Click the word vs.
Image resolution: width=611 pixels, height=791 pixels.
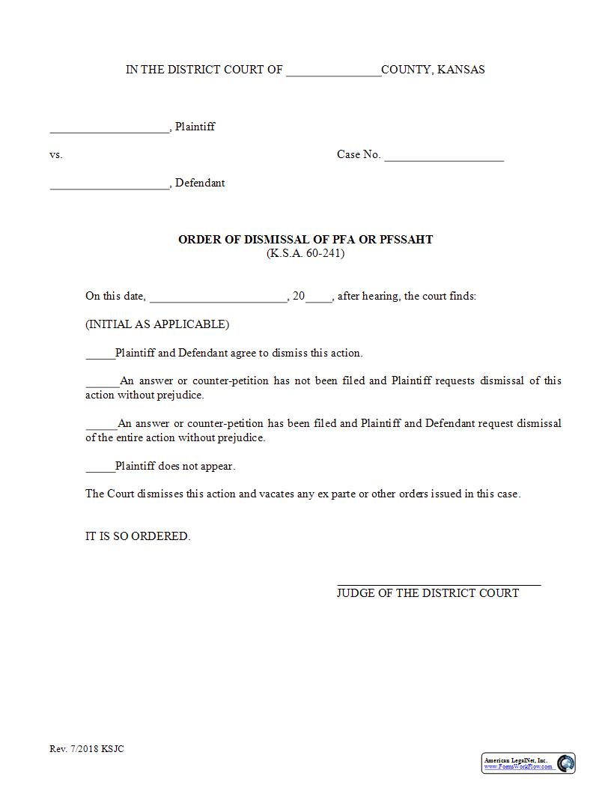tap(56, 155)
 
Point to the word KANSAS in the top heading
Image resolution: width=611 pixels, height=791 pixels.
tap(460, 70)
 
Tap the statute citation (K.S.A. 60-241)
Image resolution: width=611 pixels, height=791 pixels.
tap(305, 253)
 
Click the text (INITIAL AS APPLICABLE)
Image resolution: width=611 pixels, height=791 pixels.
tap(157, 324)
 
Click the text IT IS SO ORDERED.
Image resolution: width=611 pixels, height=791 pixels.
tap(138, 536)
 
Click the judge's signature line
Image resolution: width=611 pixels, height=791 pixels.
tap(439, 583)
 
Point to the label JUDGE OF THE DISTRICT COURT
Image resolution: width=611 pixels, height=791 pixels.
tap(428, 593)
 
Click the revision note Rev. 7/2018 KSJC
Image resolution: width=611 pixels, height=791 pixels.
tap(87, 749)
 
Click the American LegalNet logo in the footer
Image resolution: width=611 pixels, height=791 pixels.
tap(528, 763)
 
